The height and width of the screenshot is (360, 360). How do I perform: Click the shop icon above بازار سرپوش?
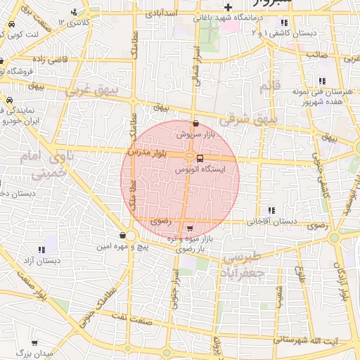tap(195, 123)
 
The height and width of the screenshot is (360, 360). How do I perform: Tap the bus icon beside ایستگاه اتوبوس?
tap(200, 158)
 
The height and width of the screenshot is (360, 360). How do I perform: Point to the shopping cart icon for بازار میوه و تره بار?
tap(190, 228)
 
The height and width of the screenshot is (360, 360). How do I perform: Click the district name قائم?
tap(265, 87)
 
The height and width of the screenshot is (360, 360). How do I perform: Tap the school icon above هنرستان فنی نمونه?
tap(322, 82)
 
